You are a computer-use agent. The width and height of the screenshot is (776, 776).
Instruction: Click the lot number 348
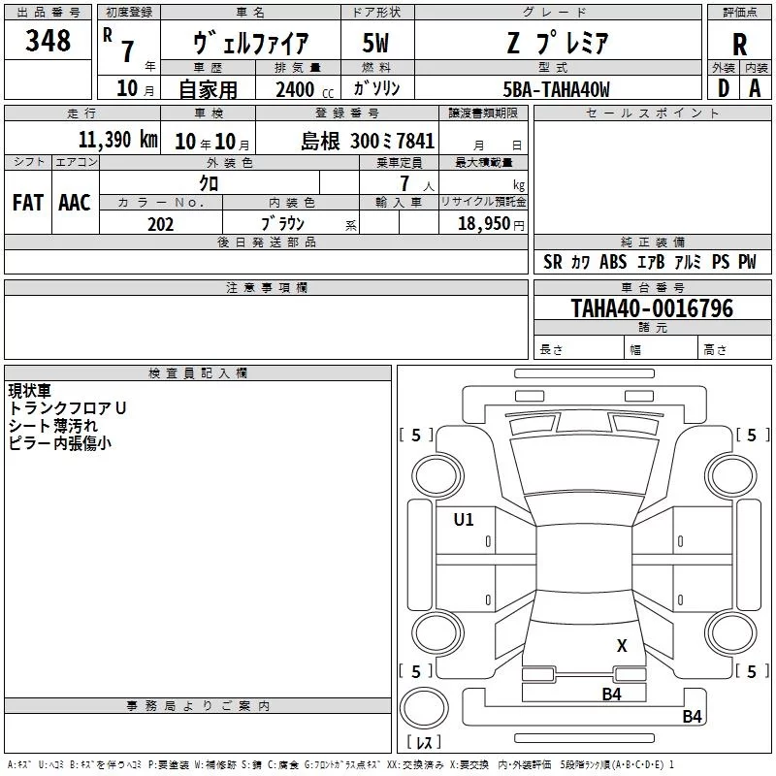48,40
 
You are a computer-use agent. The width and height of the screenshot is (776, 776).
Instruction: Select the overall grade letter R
739,45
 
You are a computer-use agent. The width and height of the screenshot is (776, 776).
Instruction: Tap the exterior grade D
724,88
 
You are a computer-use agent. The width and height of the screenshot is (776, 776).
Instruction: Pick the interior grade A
755,88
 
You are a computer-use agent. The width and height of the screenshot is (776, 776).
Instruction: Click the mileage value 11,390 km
117,140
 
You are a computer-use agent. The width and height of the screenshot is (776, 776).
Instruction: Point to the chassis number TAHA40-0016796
652,307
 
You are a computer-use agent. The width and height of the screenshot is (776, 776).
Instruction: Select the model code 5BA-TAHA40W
556,89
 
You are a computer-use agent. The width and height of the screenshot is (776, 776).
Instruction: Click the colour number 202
160,224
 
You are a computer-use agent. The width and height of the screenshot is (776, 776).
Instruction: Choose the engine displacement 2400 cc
305,89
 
